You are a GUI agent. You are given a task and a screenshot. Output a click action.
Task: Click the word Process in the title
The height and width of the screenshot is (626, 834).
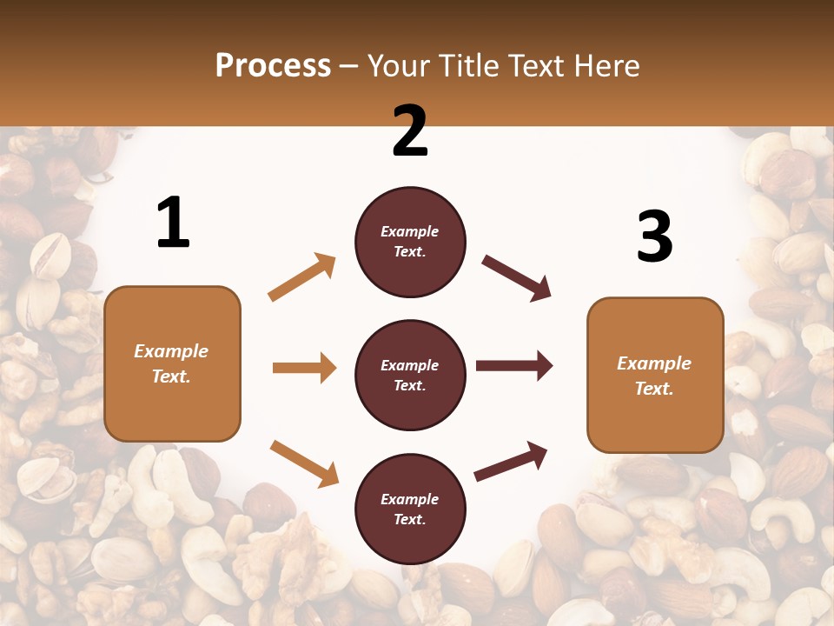273,66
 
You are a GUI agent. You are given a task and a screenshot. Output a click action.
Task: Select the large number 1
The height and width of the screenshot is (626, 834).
173,223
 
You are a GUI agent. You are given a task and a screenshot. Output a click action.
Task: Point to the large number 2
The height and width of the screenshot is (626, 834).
409,132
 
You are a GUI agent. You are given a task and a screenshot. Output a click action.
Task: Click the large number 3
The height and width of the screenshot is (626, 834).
654,237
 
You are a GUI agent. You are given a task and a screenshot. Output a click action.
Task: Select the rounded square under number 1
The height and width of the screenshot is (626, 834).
172,363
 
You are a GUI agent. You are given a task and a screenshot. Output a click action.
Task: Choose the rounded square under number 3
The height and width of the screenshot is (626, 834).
655,376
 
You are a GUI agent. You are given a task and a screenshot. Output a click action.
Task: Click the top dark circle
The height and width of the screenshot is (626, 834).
410,242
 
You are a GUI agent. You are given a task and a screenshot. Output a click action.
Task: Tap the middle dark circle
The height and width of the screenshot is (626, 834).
410,375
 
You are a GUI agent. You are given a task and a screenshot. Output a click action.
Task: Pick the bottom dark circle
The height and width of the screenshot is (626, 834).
410,509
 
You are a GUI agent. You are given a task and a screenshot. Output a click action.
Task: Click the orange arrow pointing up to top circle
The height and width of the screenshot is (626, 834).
302,277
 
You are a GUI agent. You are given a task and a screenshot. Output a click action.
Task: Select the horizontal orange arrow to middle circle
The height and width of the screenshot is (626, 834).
304,368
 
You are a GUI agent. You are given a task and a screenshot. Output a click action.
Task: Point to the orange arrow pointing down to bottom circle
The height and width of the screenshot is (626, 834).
304,463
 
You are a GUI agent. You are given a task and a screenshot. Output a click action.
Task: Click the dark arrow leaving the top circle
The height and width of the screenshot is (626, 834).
516,278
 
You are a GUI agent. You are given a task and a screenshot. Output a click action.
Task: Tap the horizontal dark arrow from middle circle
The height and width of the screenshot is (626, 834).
513,366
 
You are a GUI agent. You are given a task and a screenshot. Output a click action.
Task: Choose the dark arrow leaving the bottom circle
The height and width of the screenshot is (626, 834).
511,461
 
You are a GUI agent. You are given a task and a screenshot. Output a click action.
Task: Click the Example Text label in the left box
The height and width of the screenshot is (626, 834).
172,363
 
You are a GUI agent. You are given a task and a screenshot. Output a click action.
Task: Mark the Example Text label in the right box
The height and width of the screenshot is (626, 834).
655,376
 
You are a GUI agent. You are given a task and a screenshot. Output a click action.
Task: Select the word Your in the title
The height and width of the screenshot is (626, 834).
399,66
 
